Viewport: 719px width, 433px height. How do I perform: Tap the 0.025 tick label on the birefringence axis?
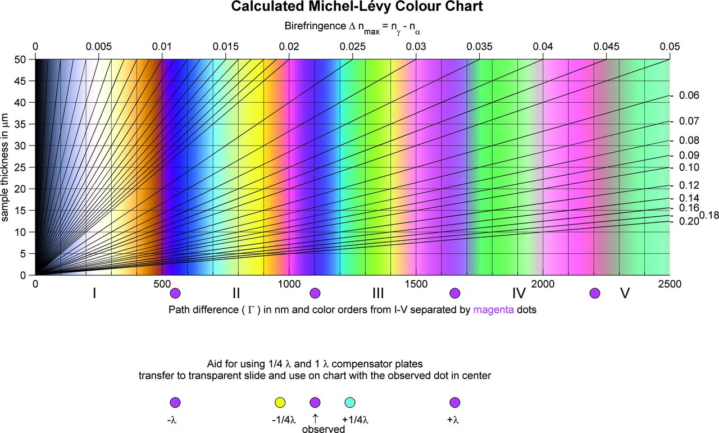[x=352, y=46]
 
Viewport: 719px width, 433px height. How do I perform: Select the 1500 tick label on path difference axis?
[x=416, y=285]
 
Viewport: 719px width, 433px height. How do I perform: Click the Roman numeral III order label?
[x=378, y=293]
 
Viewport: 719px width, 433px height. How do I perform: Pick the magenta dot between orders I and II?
[x=175, y=293]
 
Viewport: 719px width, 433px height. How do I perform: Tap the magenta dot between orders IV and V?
[x=595, y=293]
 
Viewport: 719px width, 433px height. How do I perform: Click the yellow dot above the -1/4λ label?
[x=280, y=402]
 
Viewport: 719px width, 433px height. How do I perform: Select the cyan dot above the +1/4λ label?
[x=349, y=402]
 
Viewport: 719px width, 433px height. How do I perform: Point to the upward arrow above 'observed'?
[x=315, y=418]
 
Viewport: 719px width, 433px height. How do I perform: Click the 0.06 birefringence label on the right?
[x=689, y=96]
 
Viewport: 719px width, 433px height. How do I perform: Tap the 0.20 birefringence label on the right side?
[x=689, y=221]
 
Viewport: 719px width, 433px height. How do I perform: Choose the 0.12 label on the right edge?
[x=689, y=185]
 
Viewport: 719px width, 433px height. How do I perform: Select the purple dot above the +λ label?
[x=455, y=402]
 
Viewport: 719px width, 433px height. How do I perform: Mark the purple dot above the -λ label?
[x=175, y=402]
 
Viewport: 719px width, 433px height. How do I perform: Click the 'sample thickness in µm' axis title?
[x=6, y=167]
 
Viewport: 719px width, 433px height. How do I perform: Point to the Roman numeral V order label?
[x=624, y=293]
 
